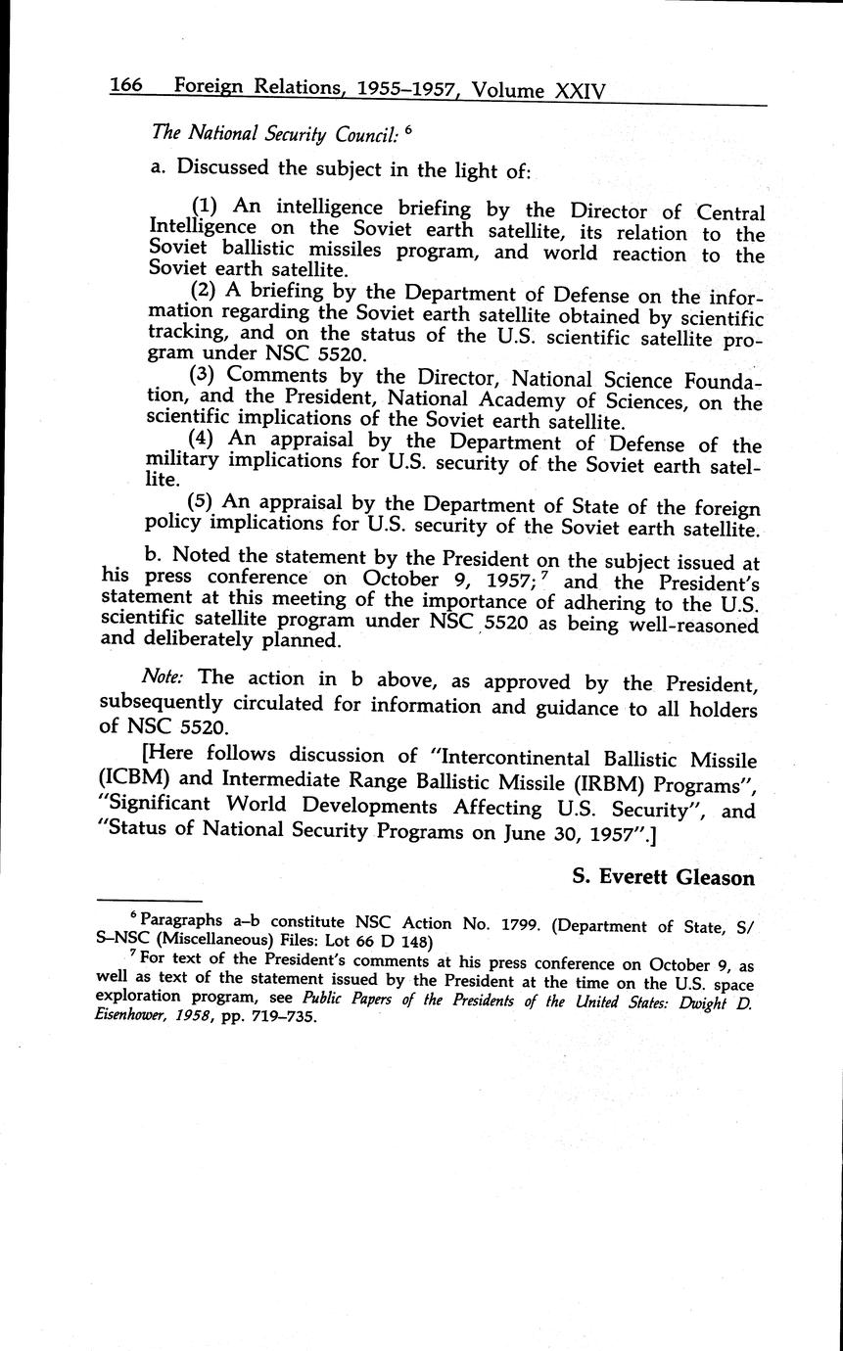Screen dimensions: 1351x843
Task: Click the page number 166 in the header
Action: coord(126,86)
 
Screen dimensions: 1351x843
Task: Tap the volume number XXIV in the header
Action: coord(580,90)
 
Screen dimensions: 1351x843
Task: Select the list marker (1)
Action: coord(205,207)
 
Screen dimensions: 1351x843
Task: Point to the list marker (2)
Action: coord(205,291)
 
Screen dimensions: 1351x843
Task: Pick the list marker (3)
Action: coord(205,374)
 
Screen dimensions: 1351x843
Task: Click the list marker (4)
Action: coord(205,440)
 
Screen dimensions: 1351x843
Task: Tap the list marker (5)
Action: coord(205,503)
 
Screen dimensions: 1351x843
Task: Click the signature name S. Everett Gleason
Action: coord(663,877)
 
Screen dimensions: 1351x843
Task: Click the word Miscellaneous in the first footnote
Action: coord(212,942)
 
